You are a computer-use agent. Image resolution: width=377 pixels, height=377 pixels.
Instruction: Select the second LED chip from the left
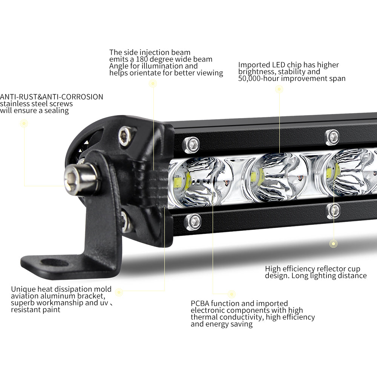[x=258, y=176]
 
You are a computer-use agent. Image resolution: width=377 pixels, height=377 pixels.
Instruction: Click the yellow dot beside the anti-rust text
[x=24, y=123]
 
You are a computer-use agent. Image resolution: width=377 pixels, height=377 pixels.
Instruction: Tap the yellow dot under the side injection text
[x=153, y=84]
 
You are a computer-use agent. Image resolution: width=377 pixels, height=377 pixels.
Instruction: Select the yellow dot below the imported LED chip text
[x=279, y=89]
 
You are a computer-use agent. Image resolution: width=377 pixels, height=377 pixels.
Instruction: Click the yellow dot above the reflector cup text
[x=333, y=244]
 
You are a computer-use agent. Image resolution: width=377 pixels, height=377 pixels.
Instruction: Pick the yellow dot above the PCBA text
[x=232, y=294]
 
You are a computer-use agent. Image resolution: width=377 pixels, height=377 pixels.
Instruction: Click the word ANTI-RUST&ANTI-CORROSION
[x=52, y=97]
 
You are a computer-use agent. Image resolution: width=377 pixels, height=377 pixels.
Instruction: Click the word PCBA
[x=200, y=303]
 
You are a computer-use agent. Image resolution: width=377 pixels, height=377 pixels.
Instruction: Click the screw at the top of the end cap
[x=125, y=135]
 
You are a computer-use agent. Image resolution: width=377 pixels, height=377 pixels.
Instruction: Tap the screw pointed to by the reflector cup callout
[x=333, y=211]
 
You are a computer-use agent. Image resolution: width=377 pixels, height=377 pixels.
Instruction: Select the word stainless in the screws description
[x=16, y=104]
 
